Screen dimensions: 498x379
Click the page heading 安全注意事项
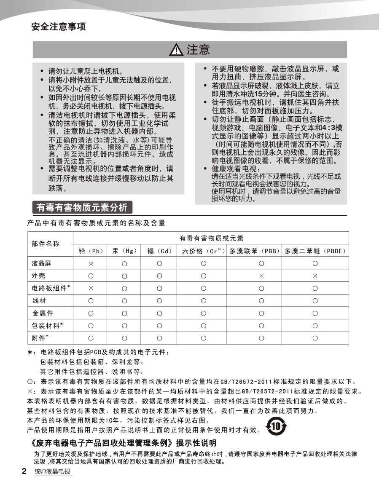pos(59,27)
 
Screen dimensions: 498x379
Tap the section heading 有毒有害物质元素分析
pos(82,207)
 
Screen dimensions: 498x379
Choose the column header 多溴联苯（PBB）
pos(255,251)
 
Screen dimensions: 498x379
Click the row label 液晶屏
pos(41,264)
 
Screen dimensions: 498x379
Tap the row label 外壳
pos(38,276)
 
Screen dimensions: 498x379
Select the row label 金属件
pos(43,313)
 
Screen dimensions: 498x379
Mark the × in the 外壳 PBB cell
pos(261,276)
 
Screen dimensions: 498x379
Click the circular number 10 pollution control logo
pos(276,427)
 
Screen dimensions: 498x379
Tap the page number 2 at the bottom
pos(24,471)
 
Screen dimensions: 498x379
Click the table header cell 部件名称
pos(46,244)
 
